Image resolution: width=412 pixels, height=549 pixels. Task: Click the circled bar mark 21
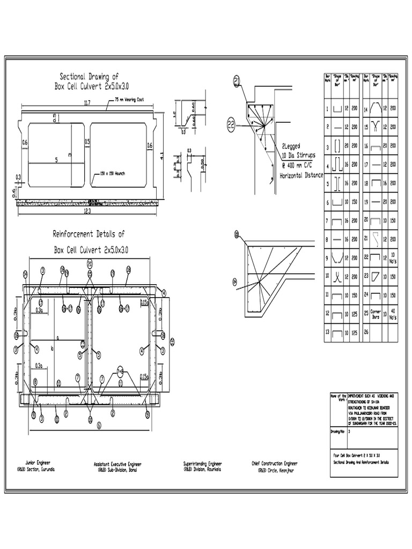point(237,81)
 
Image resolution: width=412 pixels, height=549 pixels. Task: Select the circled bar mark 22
point(231,125)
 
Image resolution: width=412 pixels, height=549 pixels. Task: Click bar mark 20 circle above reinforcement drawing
point(90,264)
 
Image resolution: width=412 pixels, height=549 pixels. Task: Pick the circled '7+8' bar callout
point(120,370)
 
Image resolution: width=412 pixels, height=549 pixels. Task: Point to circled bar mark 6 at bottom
point(99,425)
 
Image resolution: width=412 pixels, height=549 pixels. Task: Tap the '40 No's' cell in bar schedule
point(393,315)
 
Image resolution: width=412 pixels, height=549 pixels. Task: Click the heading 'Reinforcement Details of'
point(89,234)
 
